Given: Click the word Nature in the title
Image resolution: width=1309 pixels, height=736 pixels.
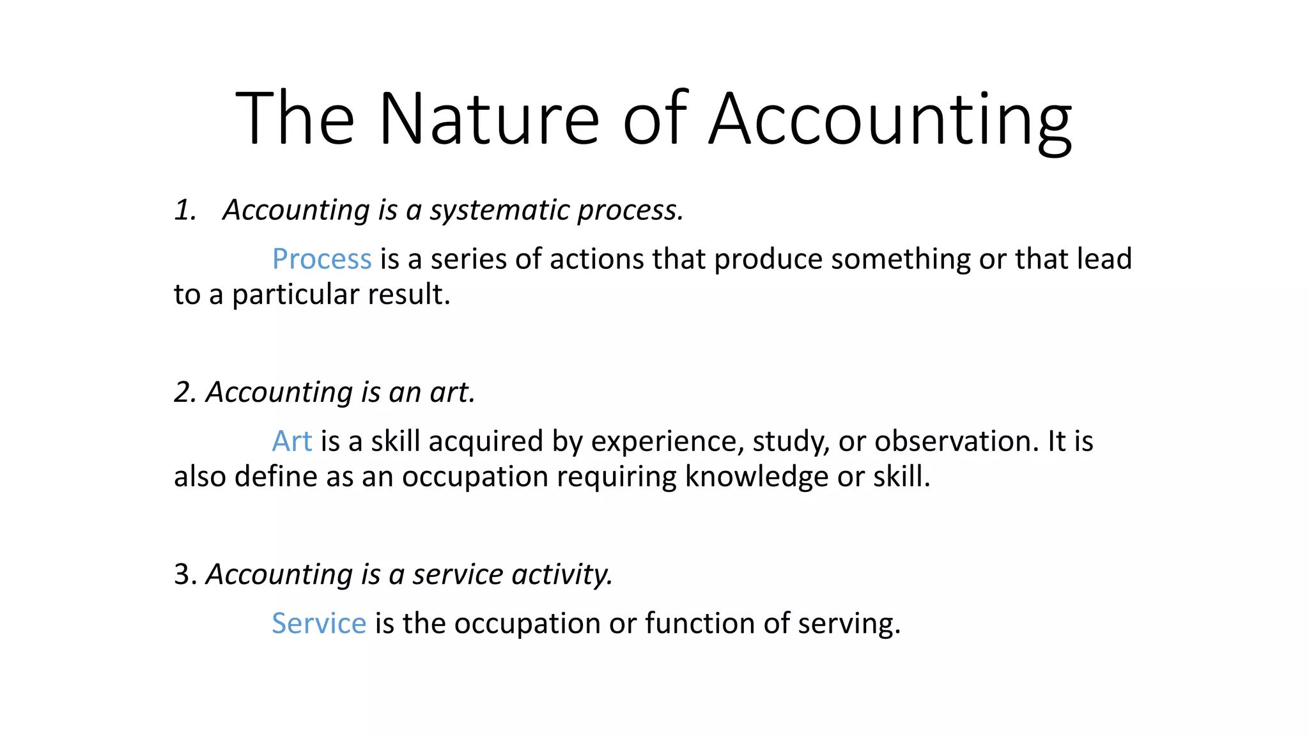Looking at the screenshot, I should point(489,119).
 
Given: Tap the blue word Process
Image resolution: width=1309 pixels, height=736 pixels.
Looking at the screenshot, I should point(321,259).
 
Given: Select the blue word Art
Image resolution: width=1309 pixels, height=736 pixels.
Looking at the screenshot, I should point(292,441).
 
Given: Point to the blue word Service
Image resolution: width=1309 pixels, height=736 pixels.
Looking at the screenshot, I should point(319,624).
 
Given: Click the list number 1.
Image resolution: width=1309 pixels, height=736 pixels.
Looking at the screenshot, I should point(185,210).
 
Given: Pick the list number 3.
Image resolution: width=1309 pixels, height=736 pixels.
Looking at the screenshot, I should point(185,574).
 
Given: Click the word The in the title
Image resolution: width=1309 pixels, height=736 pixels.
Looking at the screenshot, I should point(295,119).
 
